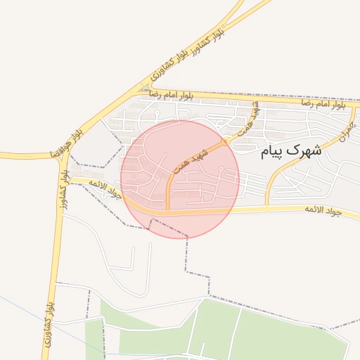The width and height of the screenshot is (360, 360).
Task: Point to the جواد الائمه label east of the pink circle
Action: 323,210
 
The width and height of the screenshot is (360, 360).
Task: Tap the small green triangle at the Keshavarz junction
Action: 145,88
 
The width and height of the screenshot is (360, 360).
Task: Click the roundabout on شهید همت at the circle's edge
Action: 225,141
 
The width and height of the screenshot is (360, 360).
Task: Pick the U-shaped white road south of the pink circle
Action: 131,271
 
